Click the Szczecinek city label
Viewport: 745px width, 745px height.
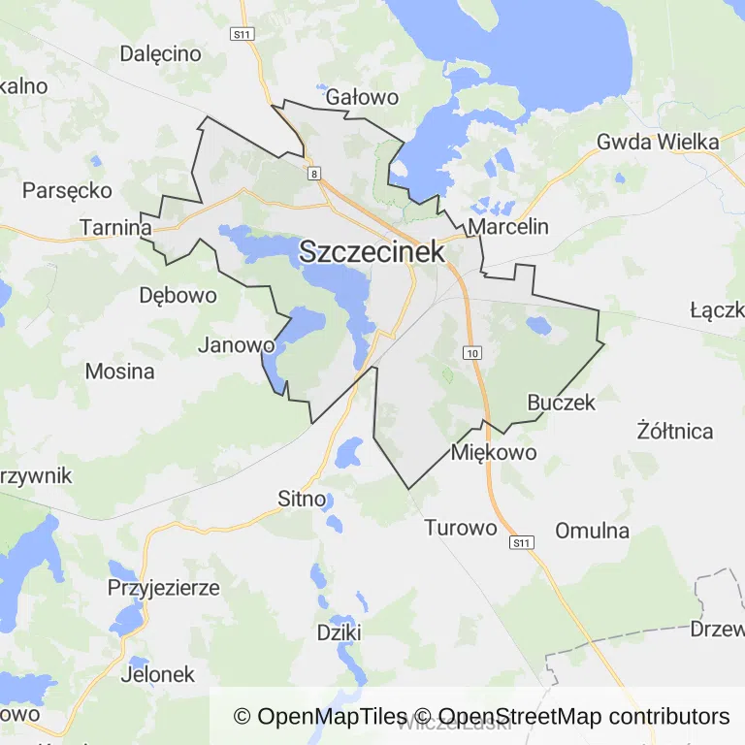372,251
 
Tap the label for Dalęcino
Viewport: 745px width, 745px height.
160,53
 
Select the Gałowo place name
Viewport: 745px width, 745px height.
363,97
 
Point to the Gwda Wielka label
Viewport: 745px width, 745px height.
658,142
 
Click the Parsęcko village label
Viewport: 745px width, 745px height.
67,190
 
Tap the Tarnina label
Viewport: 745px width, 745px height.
116,227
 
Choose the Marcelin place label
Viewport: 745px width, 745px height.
508,227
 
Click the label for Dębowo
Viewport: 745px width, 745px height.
178,295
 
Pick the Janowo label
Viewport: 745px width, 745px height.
237,344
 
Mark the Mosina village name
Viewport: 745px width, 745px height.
119,371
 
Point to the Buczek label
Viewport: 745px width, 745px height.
561,402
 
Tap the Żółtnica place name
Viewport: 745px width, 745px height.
675,431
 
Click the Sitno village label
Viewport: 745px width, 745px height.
302,500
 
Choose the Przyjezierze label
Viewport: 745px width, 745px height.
163,588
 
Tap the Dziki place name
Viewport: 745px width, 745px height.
340,632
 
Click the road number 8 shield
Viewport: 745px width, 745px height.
314,174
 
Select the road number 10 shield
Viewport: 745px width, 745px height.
472,352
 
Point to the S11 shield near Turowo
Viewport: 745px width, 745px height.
523,542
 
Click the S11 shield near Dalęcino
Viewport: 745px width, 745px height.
242,34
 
